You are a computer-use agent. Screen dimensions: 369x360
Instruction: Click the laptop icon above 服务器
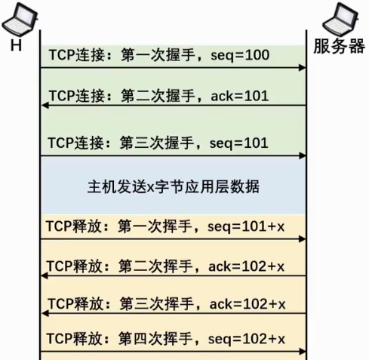[341, 20]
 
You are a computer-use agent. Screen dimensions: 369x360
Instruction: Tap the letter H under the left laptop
[16, 45]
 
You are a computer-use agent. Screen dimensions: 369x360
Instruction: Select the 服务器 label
[339, 46]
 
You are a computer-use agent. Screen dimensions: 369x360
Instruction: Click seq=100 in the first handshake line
[240, 55]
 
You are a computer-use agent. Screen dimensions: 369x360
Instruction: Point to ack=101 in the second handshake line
[240, 96]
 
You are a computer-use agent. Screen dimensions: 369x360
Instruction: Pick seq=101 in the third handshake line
[239, 143]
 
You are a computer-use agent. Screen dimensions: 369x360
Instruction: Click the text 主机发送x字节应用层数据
[174, 186]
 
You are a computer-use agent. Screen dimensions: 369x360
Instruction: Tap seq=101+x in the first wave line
[246, 226]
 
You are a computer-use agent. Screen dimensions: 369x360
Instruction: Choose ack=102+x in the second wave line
[247, 266]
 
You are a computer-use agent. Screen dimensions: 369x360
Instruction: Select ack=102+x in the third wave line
[248, 304]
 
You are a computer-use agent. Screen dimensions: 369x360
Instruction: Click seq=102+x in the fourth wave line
[247, 339]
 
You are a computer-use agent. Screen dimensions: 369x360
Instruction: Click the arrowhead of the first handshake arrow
[302, 67]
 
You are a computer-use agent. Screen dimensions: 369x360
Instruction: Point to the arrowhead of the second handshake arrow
[45, 106]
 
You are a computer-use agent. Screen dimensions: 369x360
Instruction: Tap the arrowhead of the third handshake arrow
[302, 155]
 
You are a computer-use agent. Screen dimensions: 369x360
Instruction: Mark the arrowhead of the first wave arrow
[302, 239]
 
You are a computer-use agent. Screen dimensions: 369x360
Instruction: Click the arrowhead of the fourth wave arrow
[302, 352]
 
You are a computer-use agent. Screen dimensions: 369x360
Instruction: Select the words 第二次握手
[158, 96]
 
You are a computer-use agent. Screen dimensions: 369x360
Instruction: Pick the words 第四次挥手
[155, 339]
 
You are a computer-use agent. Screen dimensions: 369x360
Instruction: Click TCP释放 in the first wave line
[74, 226]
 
